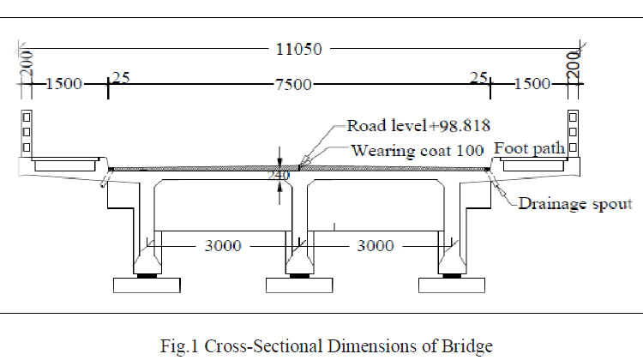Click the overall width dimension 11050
click(298, 49)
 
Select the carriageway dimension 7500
click(293, 84)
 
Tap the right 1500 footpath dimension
click(532, 84)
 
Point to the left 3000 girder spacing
click(223, 246)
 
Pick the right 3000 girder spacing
click(375, 246)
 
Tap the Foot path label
click(530, 147)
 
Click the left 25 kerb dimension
click(121, 78)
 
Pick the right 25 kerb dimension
click(478, 78)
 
